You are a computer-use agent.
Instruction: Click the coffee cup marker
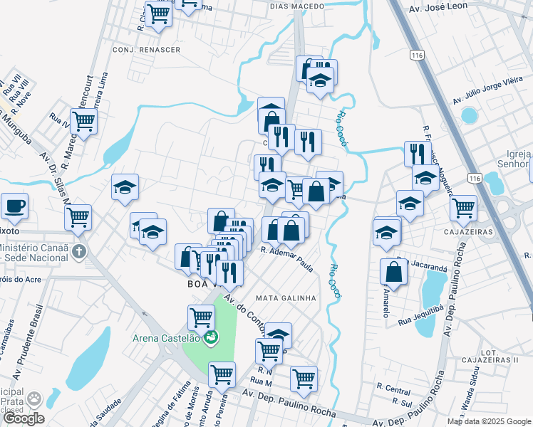point(14,206)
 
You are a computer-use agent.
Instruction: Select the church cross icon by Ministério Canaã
point(79,251)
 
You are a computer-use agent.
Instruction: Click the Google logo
point(24,418)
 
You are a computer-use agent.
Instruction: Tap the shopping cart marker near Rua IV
point(84,122)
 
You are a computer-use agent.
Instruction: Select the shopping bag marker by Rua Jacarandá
point(393,271)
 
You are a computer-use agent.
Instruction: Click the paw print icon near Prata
point(33,399)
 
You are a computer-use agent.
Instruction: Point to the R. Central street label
point(394,389)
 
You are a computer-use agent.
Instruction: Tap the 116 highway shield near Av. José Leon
point(418,55)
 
